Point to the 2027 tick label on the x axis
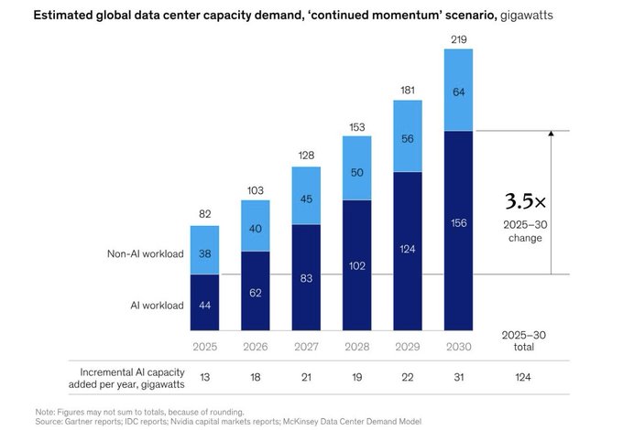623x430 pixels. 306,347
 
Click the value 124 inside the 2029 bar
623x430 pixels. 408,249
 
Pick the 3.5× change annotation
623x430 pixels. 529,201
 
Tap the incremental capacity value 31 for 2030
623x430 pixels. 458,376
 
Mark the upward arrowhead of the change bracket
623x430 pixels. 551,134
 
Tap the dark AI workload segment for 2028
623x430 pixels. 356,265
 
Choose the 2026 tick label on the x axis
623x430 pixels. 255,347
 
